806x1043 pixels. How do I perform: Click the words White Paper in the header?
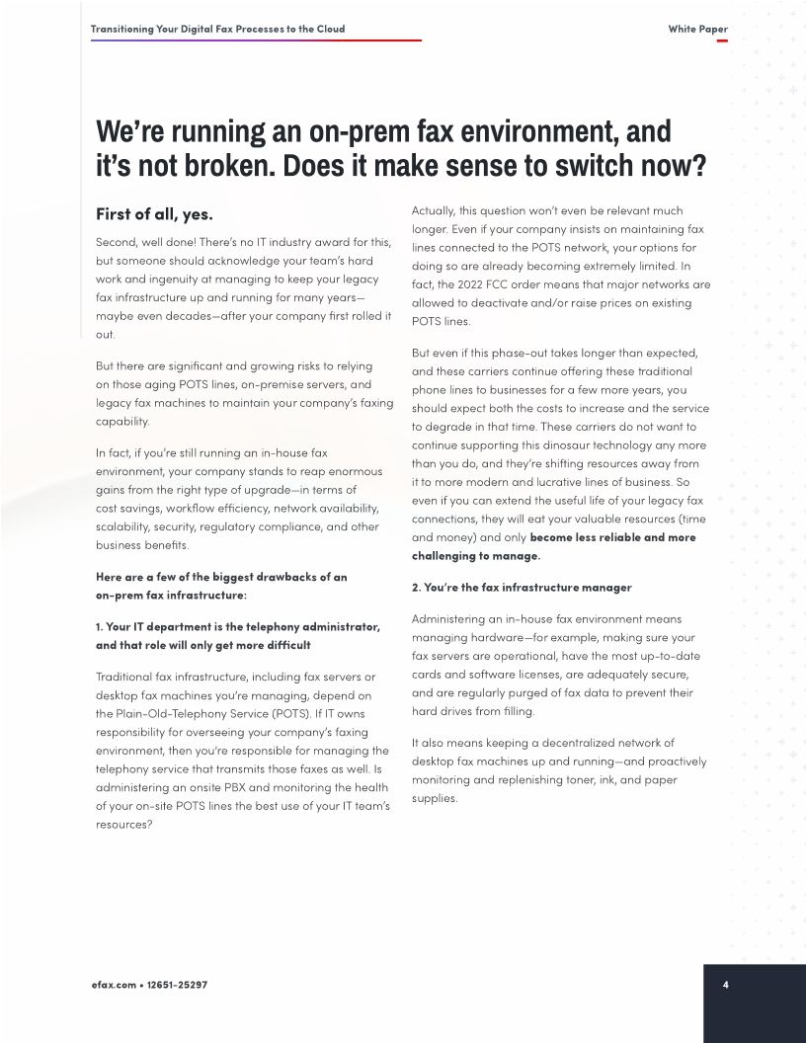click(697, 29)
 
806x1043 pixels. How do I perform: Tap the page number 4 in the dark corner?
click(726, 985)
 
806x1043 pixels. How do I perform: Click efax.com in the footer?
click(113, 986)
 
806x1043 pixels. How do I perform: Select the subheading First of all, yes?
click(154, 213)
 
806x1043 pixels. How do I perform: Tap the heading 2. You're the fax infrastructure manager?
click(522, 587)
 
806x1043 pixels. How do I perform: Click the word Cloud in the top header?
click(329, 29)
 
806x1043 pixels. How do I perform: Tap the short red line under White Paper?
click(722, 40)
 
